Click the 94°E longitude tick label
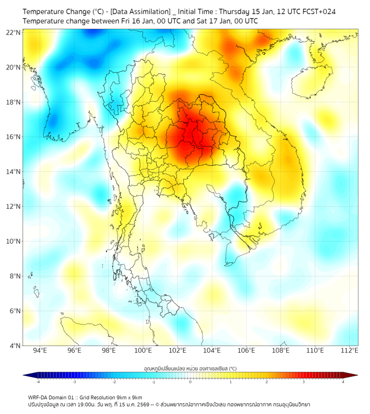tap(40, 350)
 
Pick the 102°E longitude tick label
tap(177, 350)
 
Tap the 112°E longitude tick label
tap(350, 350)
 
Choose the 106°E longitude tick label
tap(246, 350)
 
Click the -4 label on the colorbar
tap(37, 382)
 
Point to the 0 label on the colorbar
tap(190, 382)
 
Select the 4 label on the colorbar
tap(343, 382)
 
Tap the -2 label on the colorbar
tap(113, 382)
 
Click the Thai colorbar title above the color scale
tap(190, 369)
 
